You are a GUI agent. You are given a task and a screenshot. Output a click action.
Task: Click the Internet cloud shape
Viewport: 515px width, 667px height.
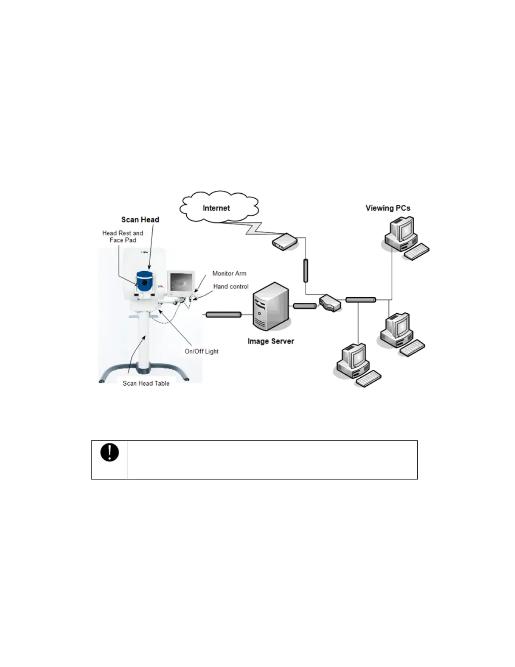pyautogui.click(x=219, y=207)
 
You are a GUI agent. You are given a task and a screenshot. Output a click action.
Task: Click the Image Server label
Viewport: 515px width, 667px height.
pyautogui.click(x=271, y=341)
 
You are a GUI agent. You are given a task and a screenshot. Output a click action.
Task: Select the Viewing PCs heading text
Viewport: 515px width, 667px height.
pyautogui.click(x=388, y=208)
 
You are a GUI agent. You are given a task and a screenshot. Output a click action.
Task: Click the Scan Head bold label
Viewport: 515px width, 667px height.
pyautogui.click(x=140, y=219)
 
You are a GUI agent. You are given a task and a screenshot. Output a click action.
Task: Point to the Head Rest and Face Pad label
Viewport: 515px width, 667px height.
pyautogui.click(x=122, y=236)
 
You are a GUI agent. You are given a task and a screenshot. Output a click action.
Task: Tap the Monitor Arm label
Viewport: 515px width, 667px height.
pyautogui.click(x=229, y=273)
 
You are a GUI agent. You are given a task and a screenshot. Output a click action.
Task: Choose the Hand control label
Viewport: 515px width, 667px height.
pyautogui.click(x=231, y=286)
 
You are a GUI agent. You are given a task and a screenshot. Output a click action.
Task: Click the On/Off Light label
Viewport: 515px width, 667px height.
pyautogui.click(x=202, y=351)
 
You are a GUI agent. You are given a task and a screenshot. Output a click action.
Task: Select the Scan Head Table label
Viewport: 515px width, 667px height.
pyautogui.click(x=146, y=383)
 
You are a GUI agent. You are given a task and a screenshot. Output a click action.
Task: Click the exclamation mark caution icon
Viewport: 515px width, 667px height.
pyautogui.click(x=109, y=453)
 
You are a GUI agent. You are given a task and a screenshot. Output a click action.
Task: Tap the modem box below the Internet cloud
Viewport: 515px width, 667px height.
pyautogui.click(x=285, y=242)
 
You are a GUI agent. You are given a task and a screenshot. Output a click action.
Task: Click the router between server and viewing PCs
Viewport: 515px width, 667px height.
pyautogui.click(x=330, y=302)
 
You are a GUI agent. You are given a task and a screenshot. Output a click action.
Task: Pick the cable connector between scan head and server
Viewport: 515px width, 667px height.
pyautogui.click(x=223, y=315)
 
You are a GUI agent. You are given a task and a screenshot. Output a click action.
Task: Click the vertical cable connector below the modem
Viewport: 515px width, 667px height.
pyautogui.click(x=306, y=271)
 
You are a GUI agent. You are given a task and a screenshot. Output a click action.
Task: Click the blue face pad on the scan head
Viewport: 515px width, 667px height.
pyautogui.click(x=144, y=282)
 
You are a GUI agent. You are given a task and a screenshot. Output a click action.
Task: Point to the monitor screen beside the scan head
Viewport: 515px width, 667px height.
pyautogui.click(x=181, y=282)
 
